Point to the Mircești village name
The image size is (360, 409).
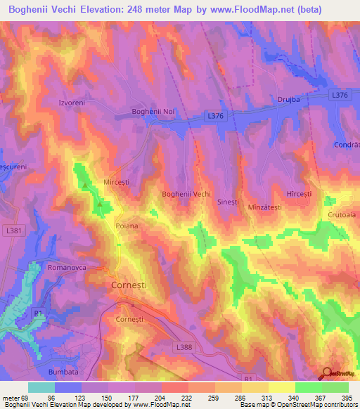click(x=117, y=180)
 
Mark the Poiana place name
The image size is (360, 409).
click(x=127, y=226)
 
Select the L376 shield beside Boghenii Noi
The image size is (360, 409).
click(x=216, y=114)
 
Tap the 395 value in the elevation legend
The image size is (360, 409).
click(x=344, y=398)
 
